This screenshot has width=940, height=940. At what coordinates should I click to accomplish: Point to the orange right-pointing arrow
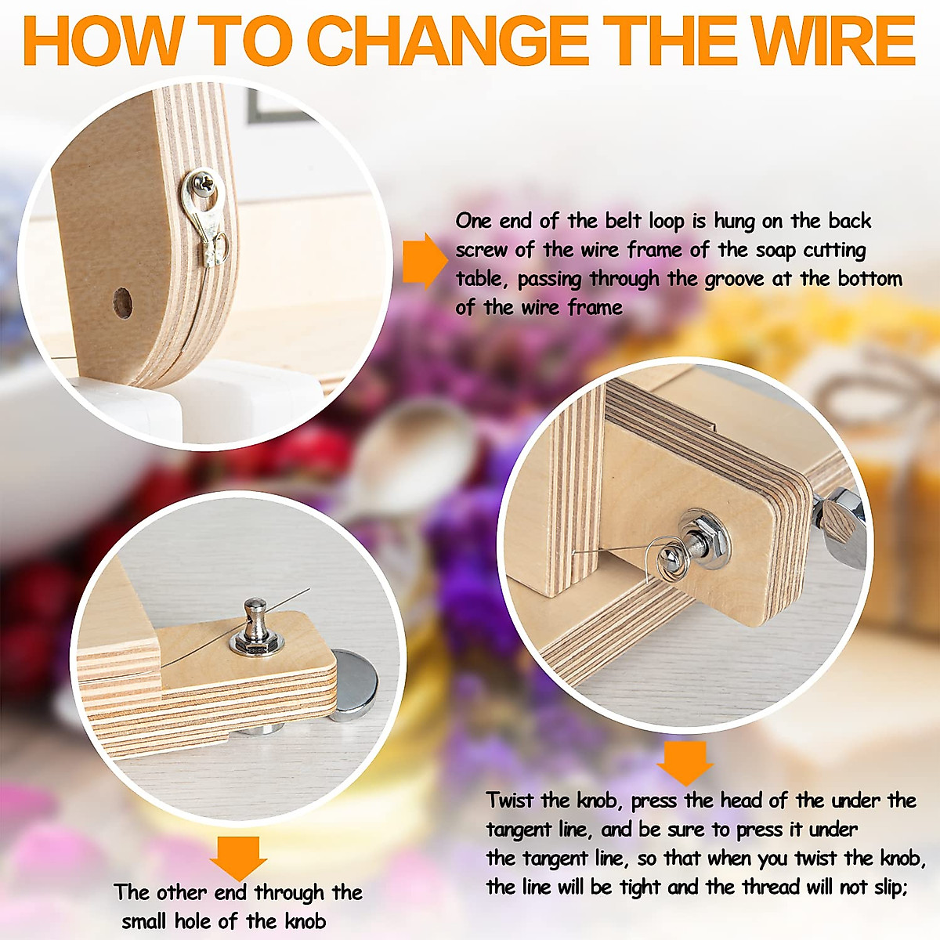coord(424,259)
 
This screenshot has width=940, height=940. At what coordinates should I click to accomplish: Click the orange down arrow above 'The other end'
coord(238,857)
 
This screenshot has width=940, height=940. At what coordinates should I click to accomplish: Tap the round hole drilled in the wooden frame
coord(122,302)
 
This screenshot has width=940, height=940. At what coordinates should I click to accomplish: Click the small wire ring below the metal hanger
coord(218,245)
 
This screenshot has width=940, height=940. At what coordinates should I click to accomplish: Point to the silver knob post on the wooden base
coord(254,624)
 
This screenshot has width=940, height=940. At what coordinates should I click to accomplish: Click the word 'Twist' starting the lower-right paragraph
coord(511,800)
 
